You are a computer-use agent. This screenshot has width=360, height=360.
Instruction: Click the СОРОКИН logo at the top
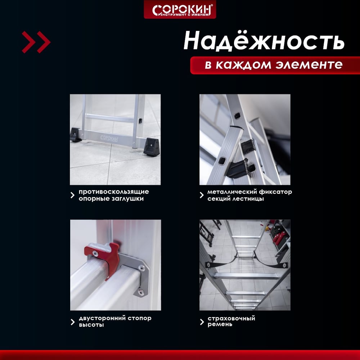tap(180, 9)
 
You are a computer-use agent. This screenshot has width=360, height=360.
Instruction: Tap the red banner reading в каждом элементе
tap(275, 65)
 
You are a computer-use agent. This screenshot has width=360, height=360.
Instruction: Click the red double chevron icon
tap(36, 42)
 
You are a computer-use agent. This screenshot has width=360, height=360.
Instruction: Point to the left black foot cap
tap(76, 135)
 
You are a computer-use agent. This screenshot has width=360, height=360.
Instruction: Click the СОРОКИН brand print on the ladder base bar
tap(109, 138)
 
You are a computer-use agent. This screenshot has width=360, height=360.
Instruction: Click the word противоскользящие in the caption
tap(114, 192)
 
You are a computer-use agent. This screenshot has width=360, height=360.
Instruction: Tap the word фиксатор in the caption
tap(275, 192)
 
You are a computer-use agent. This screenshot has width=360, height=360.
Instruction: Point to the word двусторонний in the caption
tap(102, 319)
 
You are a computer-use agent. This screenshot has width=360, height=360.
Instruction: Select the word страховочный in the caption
tap(231, 319)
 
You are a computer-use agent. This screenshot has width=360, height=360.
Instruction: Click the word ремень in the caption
tap(220, 324)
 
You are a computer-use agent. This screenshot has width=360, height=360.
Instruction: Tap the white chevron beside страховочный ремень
tap(202, 322)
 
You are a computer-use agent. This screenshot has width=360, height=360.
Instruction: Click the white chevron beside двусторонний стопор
tap(73, 322)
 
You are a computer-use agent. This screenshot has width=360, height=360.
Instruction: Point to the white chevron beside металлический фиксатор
tap(202, 195)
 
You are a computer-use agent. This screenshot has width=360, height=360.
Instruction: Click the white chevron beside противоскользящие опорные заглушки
tap(73, 195)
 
